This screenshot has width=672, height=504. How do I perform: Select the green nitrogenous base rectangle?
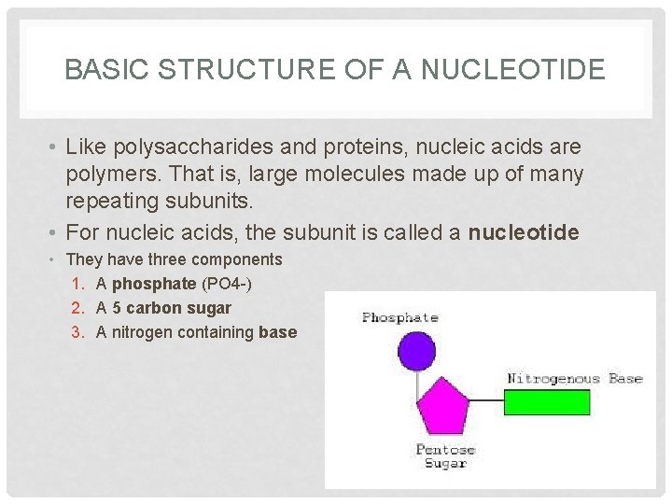pyautogui.click(x=547, y=401)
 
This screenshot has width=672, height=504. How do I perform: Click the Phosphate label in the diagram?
pyautogui.click(x=399, y=317)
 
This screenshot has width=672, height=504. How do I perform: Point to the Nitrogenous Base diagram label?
pyautogui.click(x=574, y=378)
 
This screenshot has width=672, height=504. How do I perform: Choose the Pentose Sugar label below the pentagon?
pyautogui.click(x=445, y=456)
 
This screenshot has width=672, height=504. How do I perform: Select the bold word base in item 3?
pyautogui.click(x=278, y=331)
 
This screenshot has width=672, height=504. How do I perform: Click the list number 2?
pyautogui.click(x=77, y=307)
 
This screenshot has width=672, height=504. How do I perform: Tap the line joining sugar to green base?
pyautogui.click(x=486, y=402)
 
